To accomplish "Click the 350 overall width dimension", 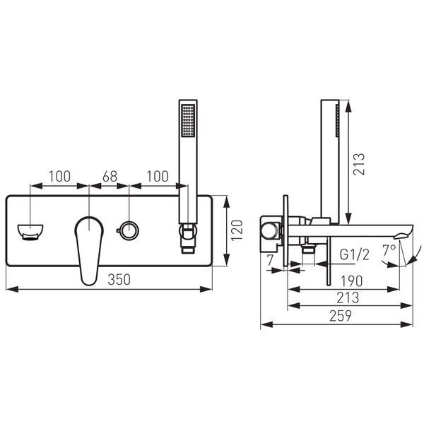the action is click(x=119, y=279).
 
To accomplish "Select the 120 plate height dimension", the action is click(x=237, y=230).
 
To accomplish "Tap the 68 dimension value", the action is click(x=110, y=176).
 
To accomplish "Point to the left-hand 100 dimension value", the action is click(x=59, y=176).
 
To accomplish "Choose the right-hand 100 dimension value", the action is click(x=158, y=176).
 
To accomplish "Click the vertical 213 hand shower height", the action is click(x=359, y=164).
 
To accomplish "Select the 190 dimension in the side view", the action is click(x=351, y=281).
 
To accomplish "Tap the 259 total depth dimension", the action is click(x=341, y=316).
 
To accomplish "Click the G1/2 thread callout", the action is click(x=354, y=254).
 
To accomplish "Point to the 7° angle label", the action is click(x=389, y=250).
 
